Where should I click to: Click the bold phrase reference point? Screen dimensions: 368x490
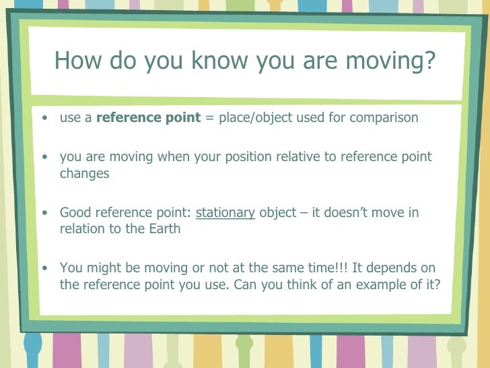[149, 118]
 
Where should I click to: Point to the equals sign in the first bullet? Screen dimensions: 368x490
[209, 118]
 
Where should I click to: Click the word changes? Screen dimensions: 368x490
[84, 173]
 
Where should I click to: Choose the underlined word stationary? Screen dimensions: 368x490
[225, 213]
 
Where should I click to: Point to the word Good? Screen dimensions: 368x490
[75, 213]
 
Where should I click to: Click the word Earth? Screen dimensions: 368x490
[164, 228]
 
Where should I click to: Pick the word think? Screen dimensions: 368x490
[301, 284]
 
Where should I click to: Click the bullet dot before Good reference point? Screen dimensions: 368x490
[44, 214]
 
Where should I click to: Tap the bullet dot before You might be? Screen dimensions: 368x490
[44, 268]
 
